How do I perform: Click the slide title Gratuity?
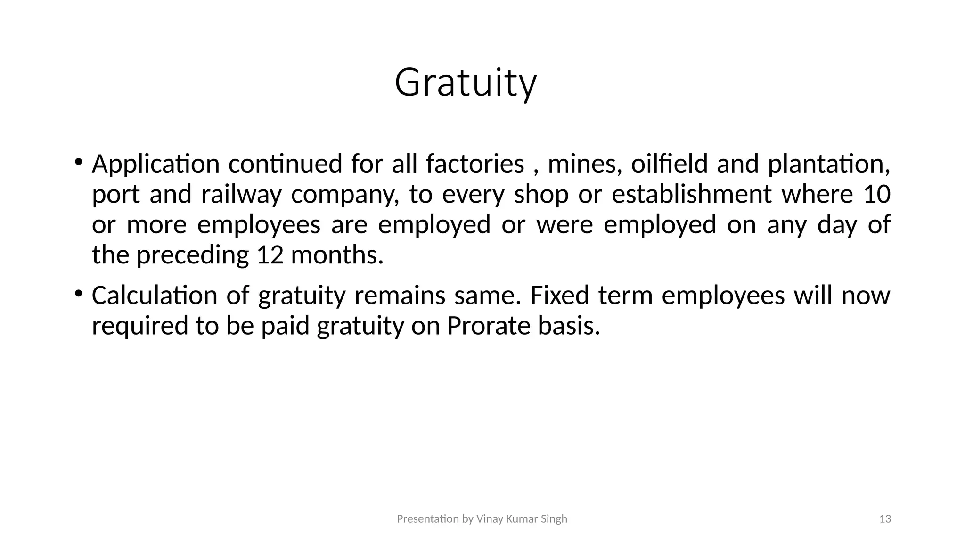coord(466,83)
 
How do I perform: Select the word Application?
coord(156,165)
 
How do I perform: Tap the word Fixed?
coord(559,296)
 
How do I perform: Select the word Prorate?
coord(489,326)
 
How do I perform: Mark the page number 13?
coord(885,519)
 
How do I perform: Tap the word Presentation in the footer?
coord(428,519)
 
